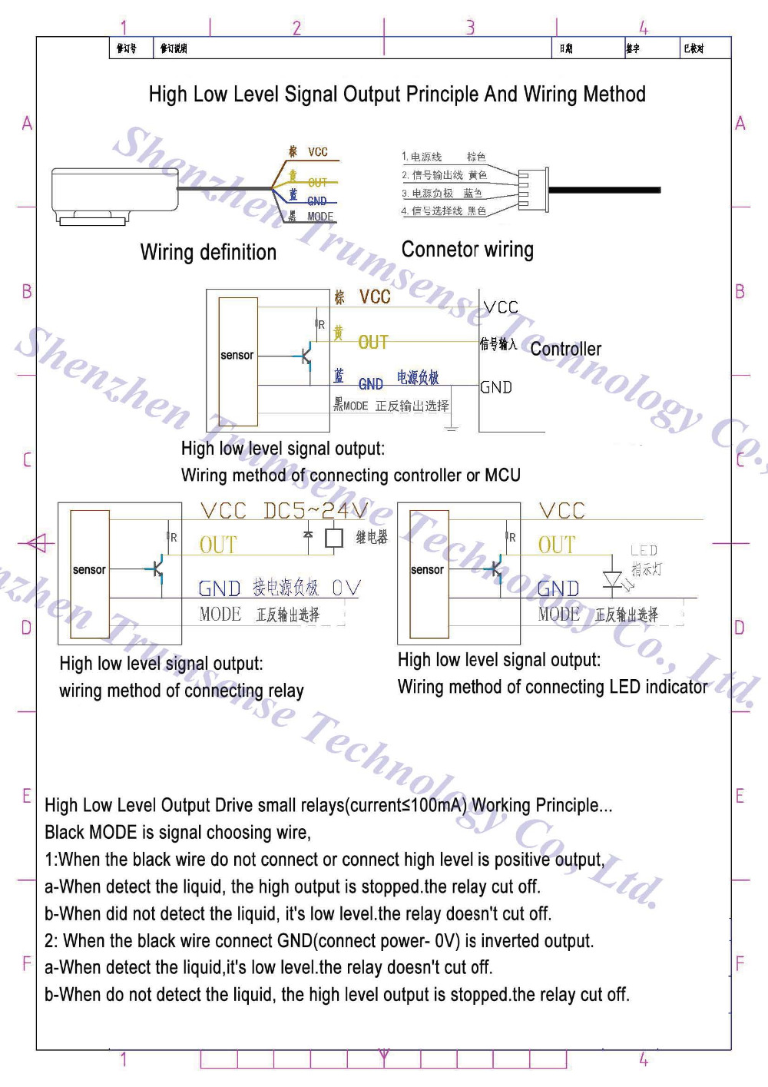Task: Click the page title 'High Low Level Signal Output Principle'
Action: pos(396,94)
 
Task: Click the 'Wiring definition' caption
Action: pos(208,253)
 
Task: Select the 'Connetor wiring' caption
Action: pos(467,250)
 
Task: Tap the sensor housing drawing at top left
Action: pos(114,194)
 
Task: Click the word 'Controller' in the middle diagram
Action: pos(566,350)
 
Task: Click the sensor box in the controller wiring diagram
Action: pos(237,361)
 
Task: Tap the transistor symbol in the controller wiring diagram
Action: pos(306,356)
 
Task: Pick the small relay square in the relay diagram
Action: pos(334,538)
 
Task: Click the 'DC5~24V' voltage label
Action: pos(315,511)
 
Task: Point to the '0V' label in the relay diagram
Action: pos(346,588)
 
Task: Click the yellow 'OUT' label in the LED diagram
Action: pos(557,545)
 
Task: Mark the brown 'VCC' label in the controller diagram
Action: pos(374,297)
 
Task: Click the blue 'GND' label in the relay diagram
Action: pos(220,588)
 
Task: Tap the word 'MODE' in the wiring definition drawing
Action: pos(320,217)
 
